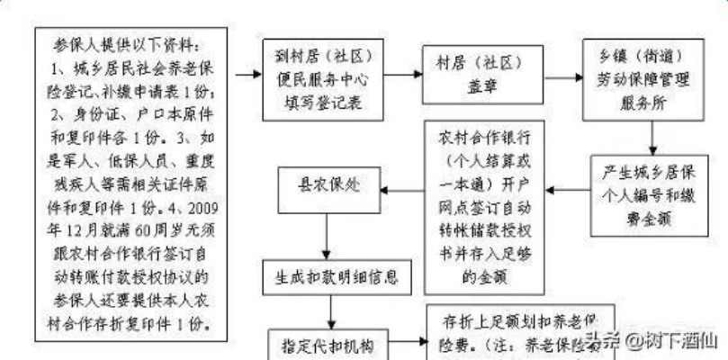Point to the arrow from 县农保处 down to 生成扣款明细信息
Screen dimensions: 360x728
329,239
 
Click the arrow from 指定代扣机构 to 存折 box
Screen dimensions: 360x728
409,342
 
